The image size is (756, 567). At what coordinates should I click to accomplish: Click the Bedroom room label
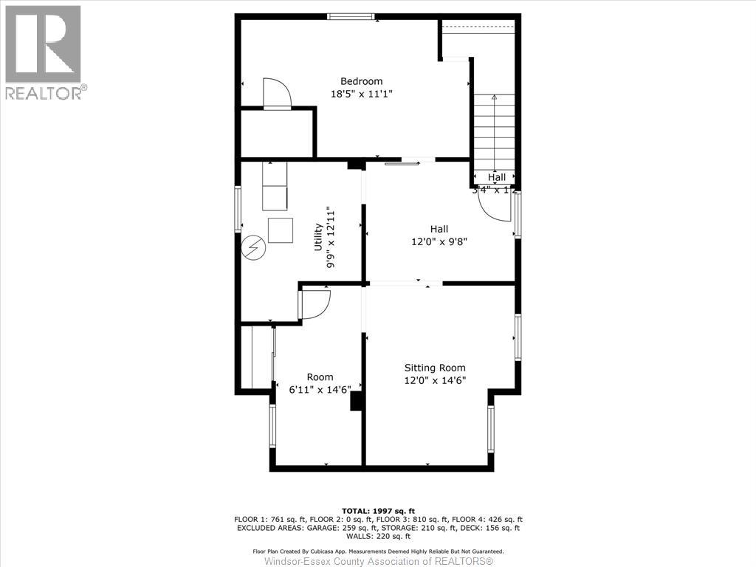[x=361, y=81]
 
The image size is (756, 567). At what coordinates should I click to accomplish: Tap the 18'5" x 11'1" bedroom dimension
[x=361, y=94]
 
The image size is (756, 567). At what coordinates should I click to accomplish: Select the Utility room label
[x=318, y=238]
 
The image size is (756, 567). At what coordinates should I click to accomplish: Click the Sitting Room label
[x=435, y=368]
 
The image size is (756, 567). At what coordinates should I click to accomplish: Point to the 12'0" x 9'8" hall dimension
[x=439, y=241]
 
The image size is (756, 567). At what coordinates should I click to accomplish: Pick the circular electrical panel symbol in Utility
[x=253, y=247]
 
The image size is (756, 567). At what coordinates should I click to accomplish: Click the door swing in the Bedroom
[x=278, y=94]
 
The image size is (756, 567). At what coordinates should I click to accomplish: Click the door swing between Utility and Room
[x=315, y=304]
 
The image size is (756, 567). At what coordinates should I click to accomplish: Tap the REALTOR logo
[x=44, y=52]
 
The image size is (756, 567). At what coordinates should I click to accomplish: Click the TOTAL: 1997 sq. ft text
[x=378, y=511]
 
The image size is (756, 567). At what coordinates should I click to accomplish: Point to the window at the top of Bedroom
[x=351, y=16]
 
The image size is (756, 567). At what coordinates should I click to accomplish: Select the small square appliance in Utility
[x=281, y=230]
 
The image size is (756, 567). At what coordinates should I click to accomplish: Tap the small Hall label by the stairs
[x=496, y=178]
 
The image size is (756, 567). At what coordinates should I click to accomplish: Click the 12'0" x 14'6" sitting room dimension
[x=435, y=380]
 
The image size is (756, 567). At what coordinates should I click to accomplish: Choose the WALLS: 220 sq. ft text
[x=378, y=537]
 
